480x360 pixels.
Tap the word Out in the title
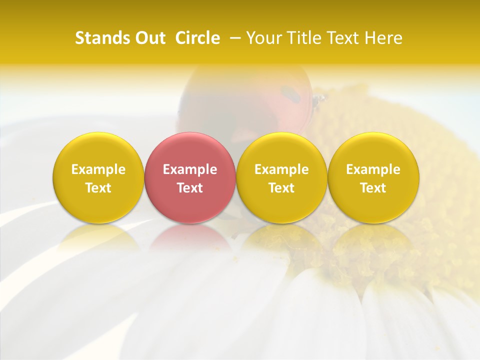coord(148,38)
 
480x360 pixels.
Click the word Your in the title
coord(261,38)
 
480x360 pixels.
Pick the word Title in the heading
coord(299,38)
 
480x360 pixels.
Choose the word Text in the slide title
coord(340,38)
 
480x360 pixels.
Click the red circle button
coord(190,177)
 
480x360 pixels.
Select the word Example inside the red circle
coord(190,169)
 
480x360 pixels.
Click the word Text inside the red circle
coord(190,188)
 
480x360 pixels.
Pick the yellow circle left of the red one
coord(98,177)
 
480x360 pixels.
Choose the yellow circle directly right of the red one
coord(281,177)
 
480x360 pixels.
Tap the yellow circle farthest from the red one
coord(373,177)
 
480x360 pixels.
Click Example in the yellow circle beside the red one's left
coord(98,169)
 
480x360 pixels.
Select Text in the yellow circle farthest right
coord(373,188)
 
